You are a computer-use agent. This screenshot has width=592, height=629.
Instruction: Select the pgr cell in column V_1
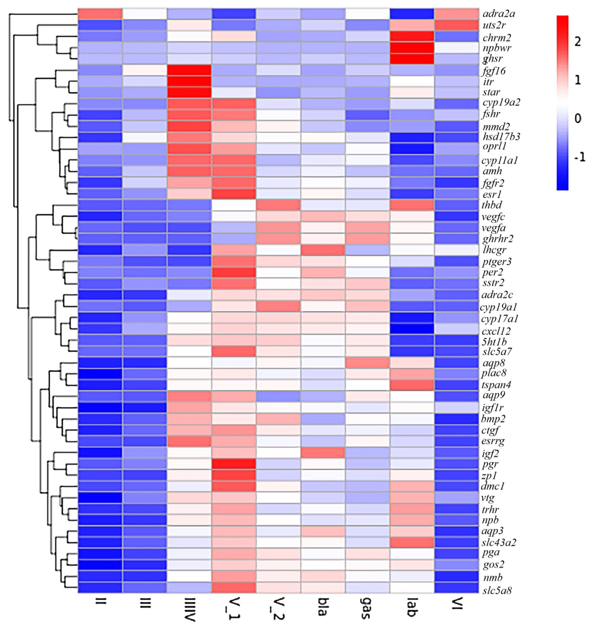pyautogui.click(x=233, y=464)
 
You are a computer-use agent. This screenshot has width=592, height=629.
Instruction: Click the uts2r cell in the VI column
pyautogui.click(x=456, y=25)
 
